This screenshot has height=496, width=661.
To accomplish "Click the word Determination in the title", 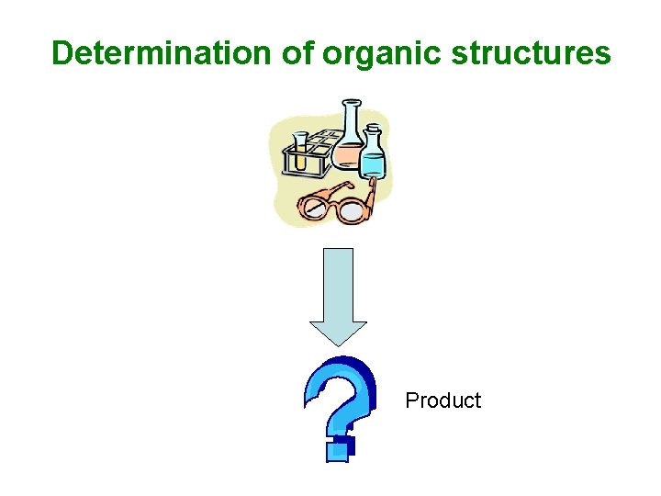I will (162, 53).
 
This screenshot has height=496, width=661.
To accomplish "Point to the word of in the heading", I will (297, 53).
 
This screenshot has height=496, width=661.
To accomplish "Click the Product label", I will (443, 400).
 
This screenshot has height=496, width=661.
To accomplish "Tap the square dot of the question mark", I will (339, 448).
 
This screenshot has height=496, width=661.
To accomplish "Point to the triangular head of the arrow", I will (339, 332).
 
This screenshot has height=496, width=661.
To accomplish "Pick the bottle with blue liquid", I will (373, 158).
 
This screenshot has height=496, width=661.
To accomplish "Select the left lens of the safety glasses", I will (317, 204).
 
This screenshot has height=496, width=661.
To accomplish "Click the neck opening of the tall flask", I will (351, 104).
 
